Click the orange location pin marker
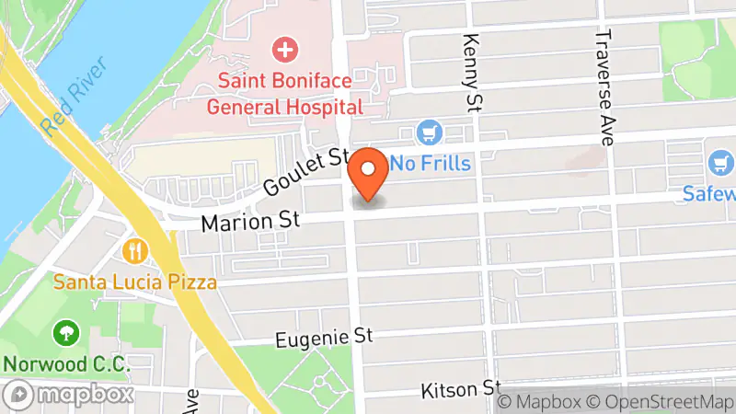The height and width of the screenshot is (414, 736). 370,173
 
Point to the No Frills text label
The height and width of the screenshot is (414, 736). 431,165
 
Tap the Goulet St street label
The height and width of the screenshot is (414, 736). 304,172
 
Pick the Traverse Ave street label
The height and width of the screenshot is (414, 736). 604,78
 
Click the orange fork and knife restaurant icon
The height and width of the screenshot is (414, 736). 135,249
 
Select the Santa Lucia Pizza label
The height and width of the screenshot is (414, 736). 135,282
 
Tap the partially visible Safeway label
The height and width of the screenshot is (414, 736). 709,194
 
